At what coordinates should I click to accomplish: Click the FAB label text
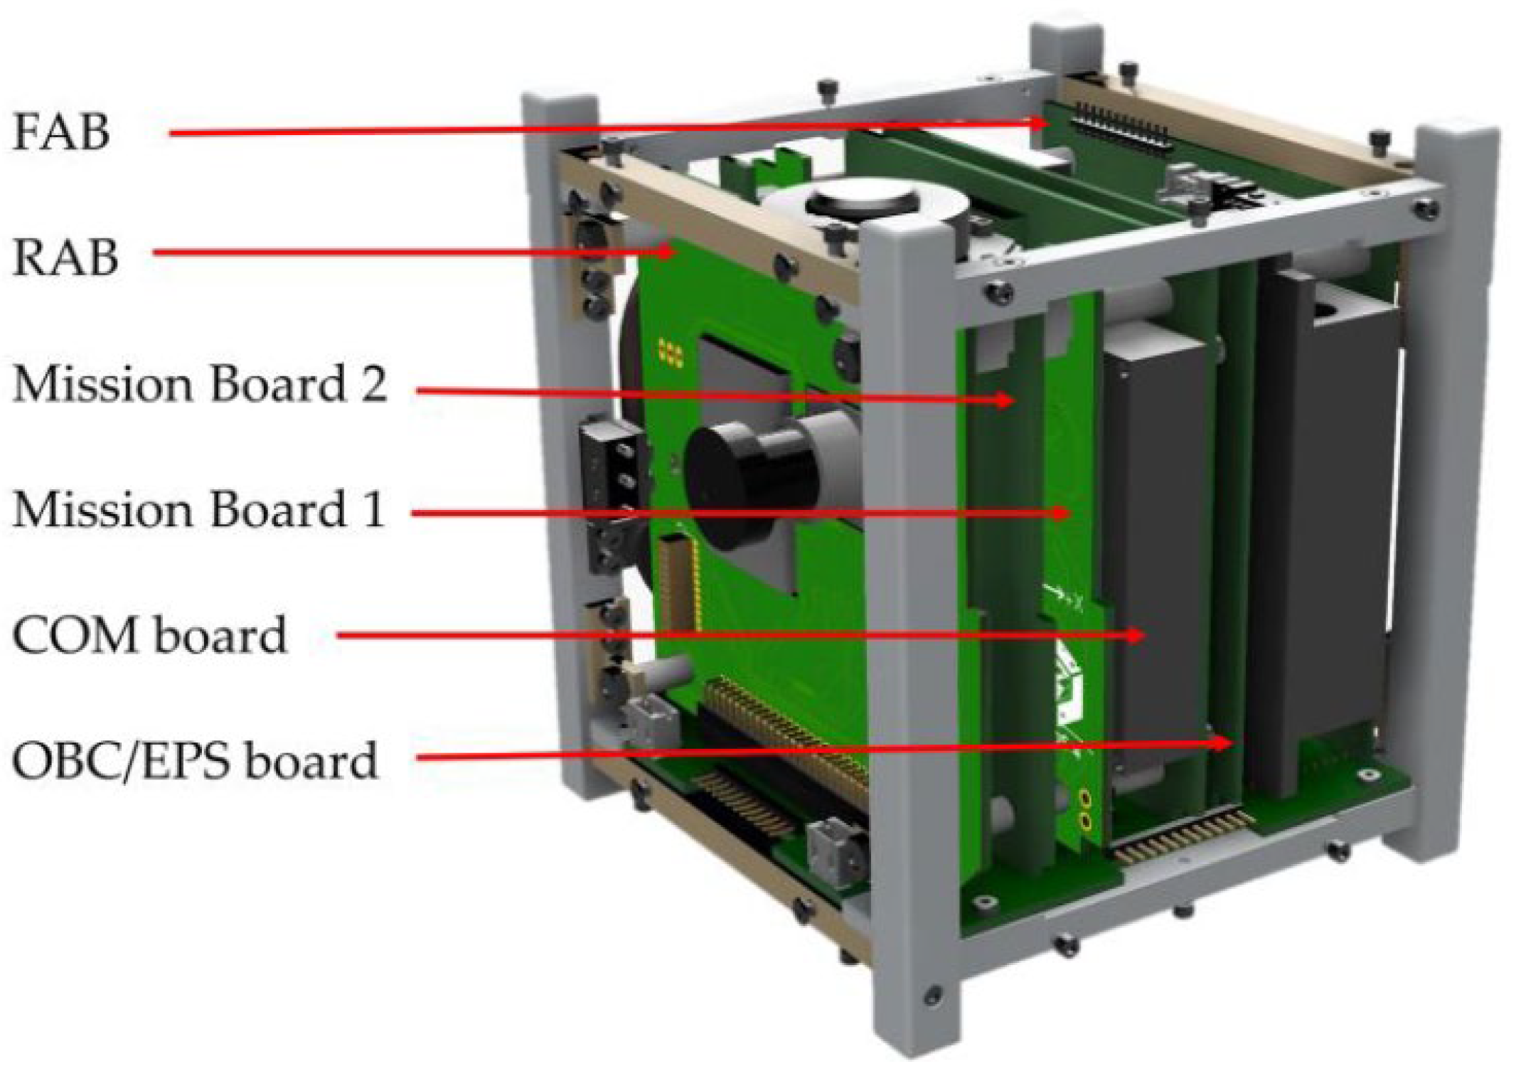61,132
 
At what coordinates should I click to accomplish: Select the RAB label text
65,257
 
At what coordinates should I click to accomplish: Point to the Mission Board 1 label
198,509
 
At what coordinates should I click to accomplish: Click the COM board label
149,635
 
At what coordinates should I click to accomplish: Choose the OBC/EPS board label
194,761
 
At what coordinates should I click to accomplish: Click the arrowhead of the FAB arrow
1040,122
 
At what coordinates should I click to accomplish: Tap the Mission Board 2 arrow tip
1005,400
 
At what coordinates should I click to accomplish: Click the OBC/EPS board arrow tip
1224,743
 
